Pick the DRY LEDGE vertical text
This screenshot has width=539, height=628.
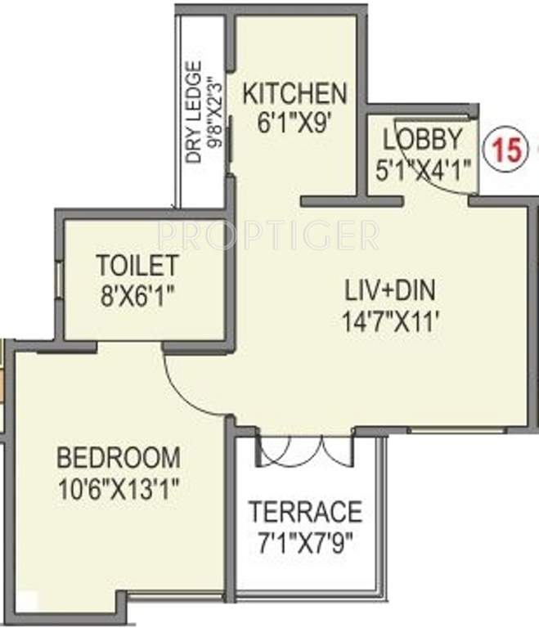point(194,113)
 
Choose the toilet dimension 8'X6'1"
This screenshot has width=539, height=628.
point(137,294)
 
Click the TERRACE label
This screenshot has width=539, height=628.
point(305,511)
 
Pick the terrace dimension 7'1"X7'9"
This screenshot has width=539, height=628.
point(305,541)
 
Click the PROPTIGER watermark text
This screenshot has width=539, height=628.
point(268,236)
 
